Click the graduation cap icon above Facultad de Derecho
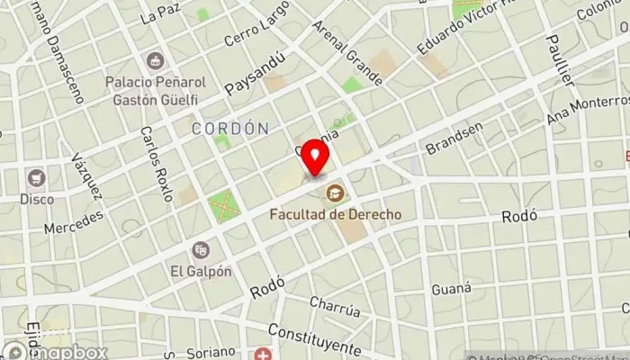[x=335, y=192]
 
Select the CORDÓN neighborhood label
[x=230, y=129]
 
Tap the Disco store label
[x=37, y=198]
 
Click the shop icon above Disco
[x=37, y=177]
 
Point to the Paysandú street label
[x=256, y=72]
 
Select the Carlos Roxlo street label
[x=156, y=161]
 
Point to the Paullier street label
[x=561, y=58]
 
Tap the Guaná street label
[x=452, y=288]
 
